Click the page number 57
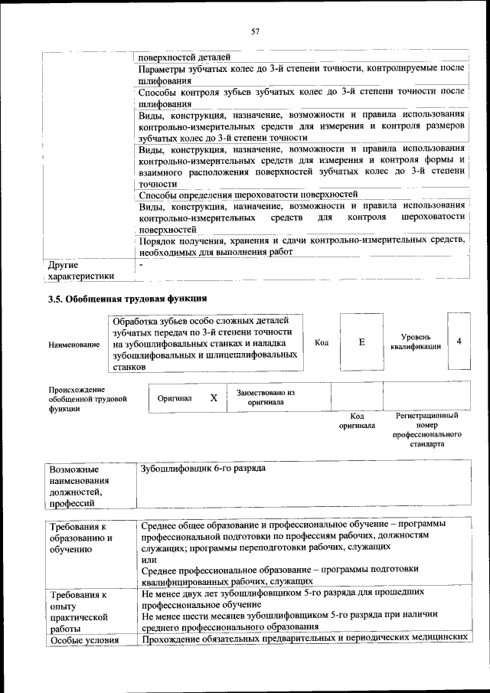[x=255, y=31]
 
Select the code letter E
[x=361, y=342]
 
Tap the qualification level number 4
[x=459, y=341]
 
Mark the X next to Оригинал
[x=214, y=398]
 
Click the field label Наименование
[x=73, y=345]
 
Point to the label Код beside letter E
[x=322, y=342]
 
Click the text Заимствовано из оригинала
[x=265, y=397]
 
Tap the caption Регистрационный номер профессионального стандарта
[x=426, y=430]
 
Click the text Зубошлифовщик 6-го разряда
[x=203, y=468]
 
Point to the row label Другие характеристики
[x=80, y=270]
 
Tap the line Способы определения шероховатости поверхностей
[x=249, y=194]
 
